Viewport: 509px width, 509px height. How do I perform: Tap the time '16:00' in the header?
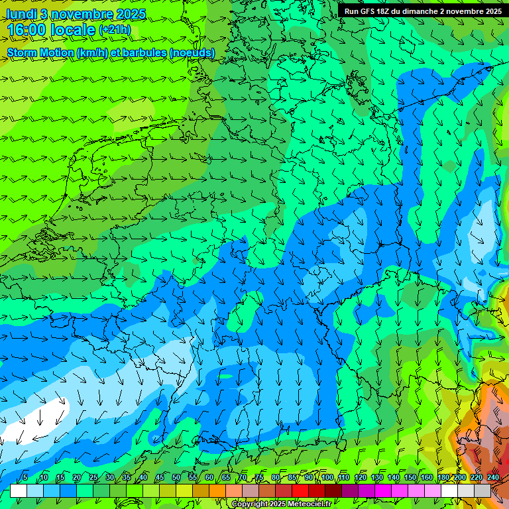(28, 30)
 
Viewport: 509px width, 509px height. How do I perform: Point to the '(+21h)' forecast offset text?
(115, 30)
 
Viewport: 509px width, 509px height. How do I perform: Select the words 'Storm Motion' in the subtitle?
(40, 52)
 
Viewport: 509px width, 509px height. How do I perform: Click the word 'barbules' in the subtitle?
(146, 52)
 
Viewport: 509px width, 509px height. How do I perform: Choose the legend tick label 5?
(25, 478)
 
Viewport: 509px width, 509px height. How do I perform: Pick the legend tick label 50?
(176, 478)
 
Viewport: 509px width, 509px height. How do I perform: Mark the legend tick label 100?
(327, 478)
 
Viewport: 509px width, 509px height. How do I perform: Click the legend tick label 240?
(493, 478)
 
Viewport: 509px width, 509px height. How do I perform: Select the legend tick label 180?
(443, 478)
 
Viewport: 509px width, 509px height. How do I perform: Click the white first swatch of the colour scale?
(19, 490)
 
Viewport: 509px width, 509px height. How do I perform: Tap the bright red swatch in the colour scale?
(302, 490)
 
